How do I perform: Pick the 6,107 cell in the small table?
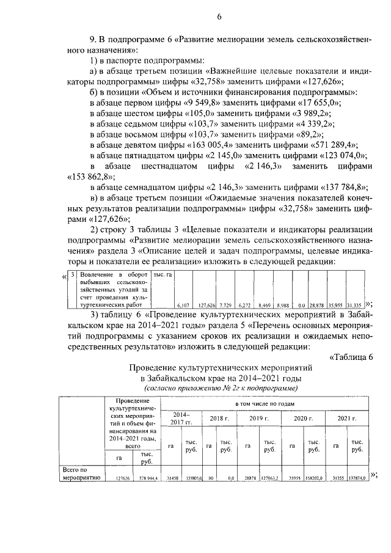tap(183, 304)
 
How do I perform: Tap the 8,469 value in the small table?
tap(265, 304)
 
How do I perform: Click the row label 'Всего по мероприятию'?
tap(77, 474)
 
